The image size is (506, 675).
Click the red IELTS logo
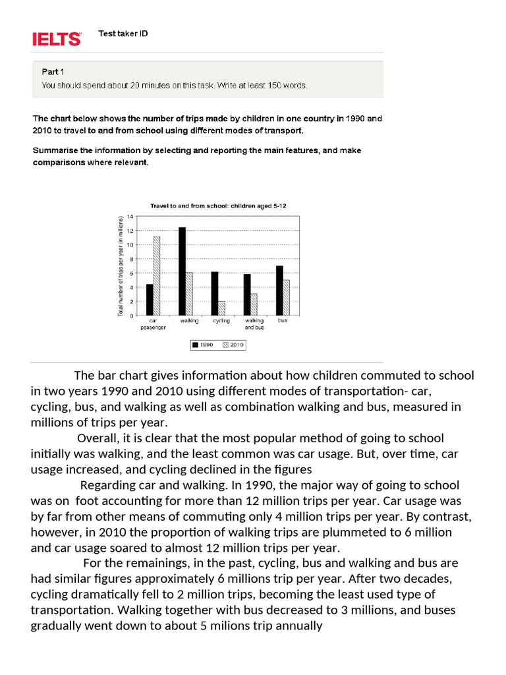(57, 39)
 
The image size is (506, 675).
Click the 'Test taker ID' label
(123, 34)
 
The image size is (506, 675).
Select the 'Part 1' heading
(54, 72)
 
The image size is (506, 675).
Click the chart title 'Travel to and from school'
(217, 206)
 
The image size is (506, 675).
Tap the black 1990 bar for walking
(182, 271)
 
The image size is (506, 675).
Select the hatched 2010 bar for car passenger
(156, 276)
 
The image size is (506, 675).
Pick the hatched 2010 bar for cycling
(221, 308)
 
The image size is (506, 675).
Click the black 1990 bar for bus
(279, 290)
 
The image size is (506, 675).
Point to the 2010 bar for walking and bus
(253, 304)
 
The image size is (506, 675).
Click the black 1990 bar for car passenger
(150, 299)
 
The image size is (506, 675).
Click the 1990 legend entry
(202, 344)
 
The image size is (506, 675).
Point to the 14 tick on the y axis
(130, 216)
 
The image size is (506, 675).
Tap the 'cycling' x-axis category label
(221, 320)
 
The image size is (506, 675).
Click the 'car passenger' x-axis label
(153, 324)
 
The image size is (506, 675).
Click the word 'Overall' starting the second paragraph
(98, 438)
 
